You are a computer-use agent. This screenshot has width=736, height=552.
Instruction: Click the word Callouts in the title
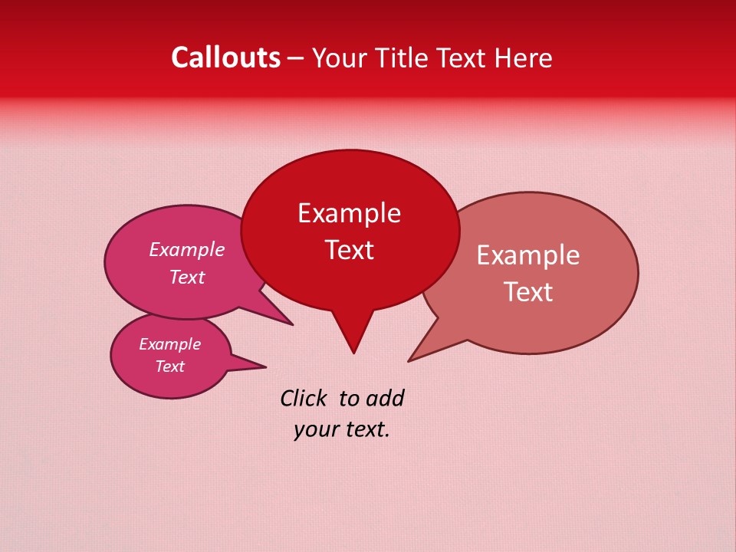click(x=225, y=58)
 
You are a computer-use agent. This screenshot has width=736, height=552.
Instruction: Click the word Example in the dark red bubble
click(x=349, y=213)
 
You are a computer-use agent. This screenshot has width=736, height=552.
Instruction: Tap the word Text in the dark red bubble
click(x=349, y=250)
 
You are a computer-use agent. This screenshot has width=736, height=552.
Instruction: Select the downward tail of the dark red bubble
click(x=353, y=333)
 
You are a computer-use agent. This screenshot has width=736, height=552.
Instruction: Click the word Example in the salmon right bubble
click(x=528, y=255)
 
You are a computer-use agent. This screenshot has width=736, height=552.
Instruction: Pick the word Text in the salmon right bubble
click(x=528, y=292)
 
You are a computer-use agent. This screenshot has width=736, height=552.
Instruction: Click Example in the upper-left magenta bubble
click(x=187, y=249)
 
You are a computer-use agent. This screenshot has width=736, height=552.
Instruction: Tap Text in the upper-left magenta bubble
click(x=187, y=277)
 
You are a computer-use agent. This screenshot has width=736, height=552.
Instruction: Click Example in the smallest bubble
click(x=169, y=344)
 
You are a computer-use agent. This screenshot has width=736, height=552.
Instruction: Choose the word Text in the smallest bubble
click(x=169, y=366)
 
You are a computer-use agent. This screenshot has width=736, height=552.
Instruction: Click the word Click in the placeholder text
click(x=304, y=398)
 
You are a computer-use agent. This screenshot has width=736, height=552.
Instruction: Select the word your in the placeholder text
click(x=315, y=429)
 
